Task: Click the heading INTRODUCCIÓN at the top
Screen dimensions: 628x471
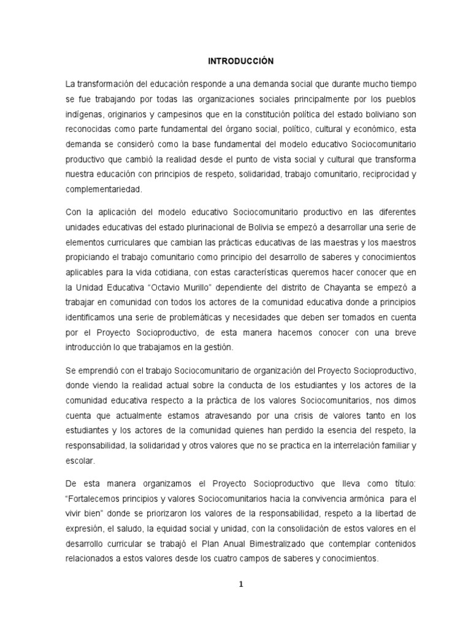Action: tap(240, 61)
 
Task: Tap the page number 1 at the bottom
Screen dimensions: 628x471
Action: tap(241, 584)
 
